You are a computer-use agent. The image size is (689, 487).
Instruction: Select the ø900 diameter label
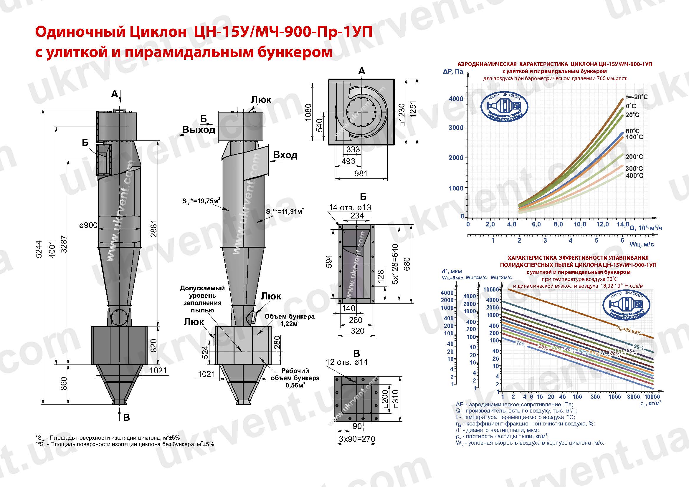click(88, 225)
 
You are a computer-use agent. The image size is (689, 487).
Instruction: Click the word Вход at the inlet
click(285, 155)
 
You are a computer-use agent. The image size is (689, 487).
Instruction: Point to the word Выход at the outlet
click(199, 130)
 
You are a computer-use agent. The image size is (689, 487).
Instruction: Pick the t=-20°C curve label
click(636, 97)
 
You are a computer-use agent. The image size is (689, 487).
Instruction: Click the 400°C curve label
click(635, 176)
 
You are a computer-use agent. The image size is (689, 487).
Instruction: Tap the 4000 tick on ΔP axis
click(455, 99)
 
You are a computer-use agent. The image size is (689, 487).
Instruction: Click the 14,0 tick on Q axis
click(623, 224)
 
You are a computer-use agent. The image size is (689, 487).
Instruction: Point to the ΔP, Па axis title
click(452, 71)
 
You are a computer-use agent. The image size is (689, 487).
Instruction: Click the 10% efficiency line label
click(521, 345)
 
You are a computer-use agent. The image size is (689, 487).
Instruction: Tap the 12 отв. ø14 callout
click(347, 362)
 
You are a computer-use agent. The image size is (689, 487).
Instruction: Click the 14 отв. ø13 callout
click(350, 207)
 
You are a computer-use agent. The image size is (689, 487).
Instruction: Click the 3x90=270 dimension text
click(357, 439)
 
